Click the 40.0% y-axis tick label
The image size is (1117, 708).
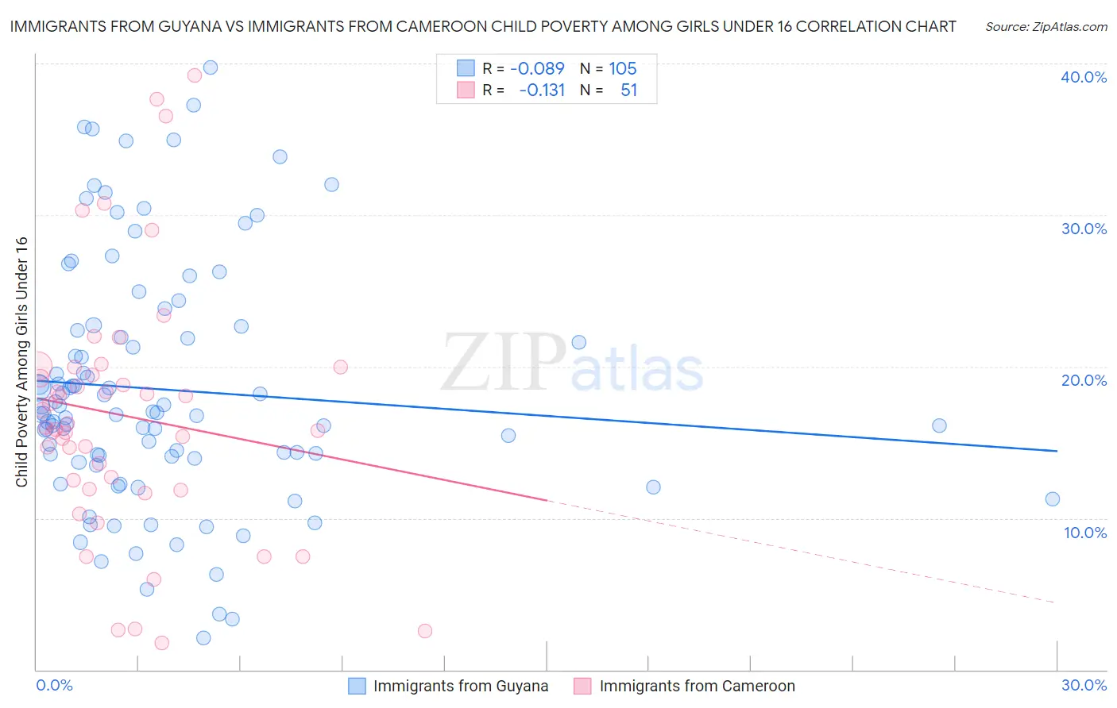[1084, 77]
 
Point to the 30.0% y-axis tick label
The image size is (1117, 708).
[1084, 229]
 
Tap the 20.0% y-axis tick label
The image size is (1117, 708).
[1084, 380]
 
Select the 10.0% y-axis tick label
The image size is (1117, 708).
[1084, 533]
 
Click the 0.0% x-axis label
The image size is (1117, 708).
[54, 685]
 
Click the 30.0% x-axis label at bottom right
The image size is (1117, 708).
[1084, 685]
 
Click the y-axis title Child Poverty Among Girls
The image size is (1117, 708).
[21, 362]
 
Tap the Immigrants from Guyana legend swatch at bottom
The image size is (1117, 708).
[358, 686]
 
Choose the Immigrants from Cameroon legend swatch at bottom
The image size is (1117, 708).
[583, 686]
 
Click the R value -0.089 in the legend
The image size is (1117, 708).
[537, 69]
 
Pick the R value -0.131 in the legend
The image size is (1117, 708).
[541, 90]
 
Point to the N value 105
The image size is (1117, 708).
[623, 69]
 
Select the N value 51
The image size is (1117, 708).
[628, 90]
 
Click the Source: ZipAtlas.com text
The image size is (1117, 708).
[1045, 27]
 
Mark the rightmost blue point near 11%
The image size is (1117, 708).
[1053, 499]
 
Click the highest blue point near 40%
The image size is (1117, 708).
[211, 67]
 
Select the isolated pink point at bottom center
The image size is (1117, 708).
[425, 631]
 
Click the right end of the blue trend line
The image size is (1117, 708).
[1057, 451]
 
